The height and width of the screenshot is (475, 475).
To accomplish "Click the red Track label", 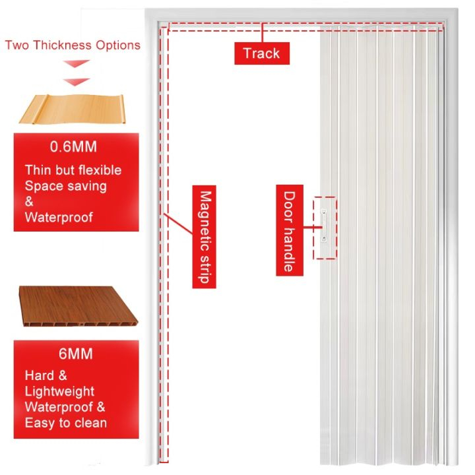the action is click(261, 53).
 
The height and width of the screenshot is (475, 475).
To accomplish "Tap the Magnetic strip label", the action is click(205, 237).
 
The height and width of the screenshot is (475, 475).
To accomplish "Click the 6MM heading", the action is click(76, 354).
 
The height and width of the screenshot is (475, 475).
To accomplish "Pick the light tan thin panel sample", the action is click(76, 110).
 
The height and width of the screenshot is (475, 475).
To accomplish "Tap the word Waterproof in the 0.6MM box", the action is click(59, 217).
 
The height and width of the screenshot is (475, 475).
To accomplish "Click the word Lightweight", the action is click(59, 391).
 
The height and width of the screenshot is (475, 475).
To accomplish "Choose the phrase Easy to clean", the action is click(66, 422).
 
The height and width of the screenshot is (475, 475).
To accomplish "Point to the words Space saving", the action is click(65, 186).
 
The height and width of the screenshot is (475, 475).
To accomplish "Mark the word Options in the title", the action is click(118, 45).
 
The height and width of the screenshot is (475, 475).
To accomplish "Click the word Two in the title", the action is click(16, 45).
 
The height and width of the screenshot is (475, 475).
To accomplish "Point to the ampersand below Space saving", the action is click(29, 201).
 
